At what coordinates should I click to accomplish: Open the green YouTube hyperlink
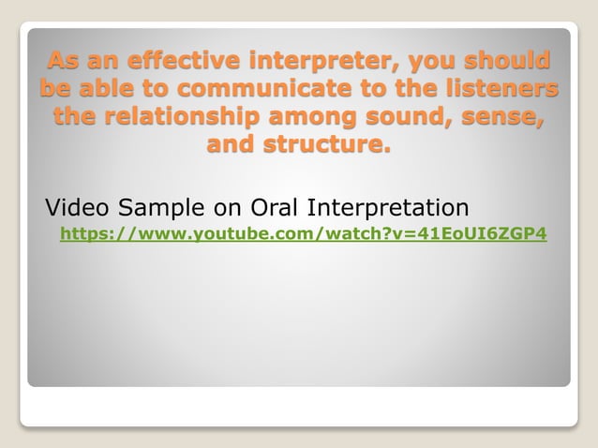tap(303, 232)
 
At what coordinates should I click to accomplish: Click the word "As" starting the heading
tap(63, 63)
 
